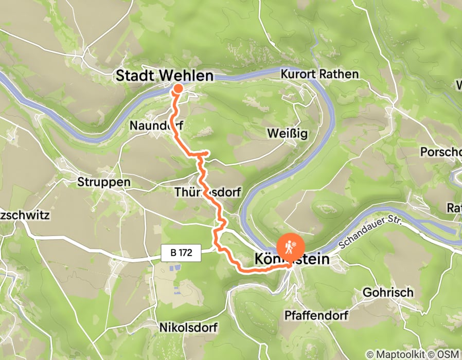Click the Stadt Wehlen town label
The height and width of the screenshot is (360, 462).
(x=164, y=76)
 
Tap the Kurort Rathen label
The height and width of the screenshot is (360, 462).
(x=319, y=75)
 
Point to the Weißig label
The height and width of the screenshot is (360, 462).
(x=287, y=134)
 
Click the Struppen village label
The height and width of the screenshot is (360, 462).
(x=104, y=182)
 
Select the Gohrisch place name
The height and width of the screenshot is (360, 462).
(x=388, y=292)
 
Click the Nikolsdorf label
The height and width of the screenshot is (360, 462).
(x=188, y=327)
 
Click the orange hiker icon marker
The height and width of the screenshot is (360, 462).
(x=291, y=247)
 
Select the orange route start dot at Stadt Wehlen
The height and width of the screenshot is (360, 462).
(x=177, y=88)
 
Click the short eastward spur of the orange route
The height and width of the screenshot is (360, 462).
(x=203, y=153)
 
